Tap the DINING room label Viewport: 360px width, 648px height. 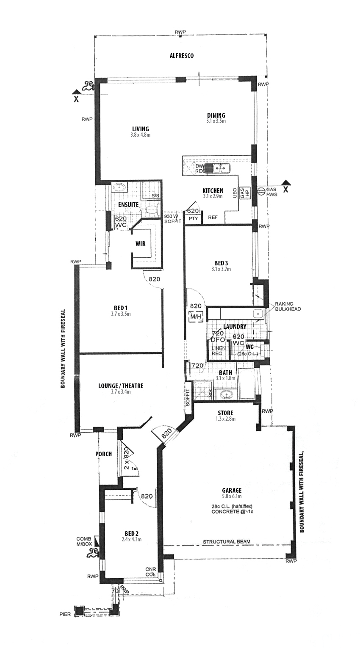[x=216, y=115]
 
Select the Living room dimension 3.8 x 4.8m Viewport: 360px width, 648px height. [x=141, y=135]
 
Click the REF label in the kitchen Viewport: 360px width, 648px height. [x=213, y=217]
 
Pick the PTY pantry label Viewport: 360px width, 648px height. [x=194, y=218]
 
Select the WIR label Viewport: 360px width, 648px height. [x=141, y=244]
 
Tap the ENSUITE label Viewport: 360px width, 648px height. [x=128, y=204]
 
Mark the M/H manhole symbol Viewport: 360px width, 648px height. [x=195, y=316]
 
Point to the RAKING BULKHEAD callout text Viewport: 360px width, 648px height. [x=288, y=306]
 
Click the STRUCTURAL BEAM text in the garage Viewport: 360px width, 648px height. [x=227, y=541]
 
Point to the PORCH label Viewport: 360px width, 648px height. [x=103, y=454]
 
